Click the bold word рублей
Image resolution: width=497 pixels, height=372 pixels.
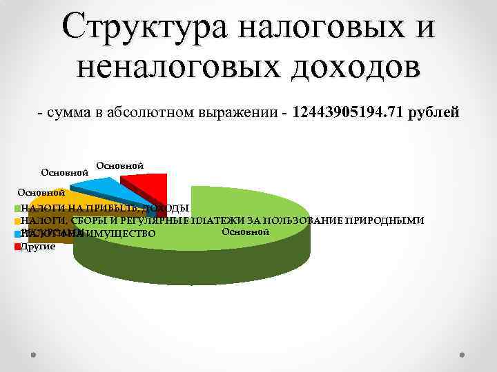point(433,112)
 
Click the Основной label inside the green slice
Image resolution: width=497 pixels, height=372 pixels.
point(245,233)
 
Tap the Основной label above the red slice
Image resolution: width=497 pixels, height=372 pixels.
point(119,166)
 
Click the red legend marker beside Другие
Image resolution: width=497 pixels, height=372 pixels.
point(17,246)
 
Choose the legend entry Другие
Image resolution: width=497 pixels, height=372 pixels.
point(39,246)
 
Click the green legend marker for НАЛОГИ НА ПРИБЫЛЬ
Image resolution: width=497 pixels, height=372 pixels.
point(17,208)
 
